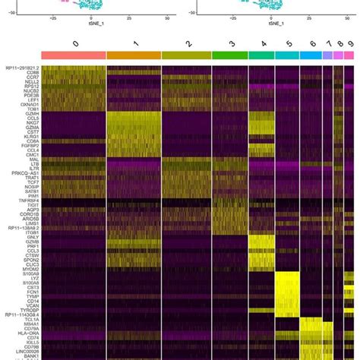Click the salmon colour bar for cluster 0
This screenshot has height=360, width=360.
coord(74,55)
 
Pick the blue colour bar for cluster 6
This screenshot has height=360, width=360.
coord(311,55)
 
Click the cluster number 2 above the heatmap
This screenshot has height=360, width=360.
coord(187,44)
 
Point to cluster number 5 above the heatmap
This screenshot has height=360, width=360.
coord(288,44)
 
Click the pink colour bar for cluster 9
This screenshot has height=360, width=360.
coord(350,55)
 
